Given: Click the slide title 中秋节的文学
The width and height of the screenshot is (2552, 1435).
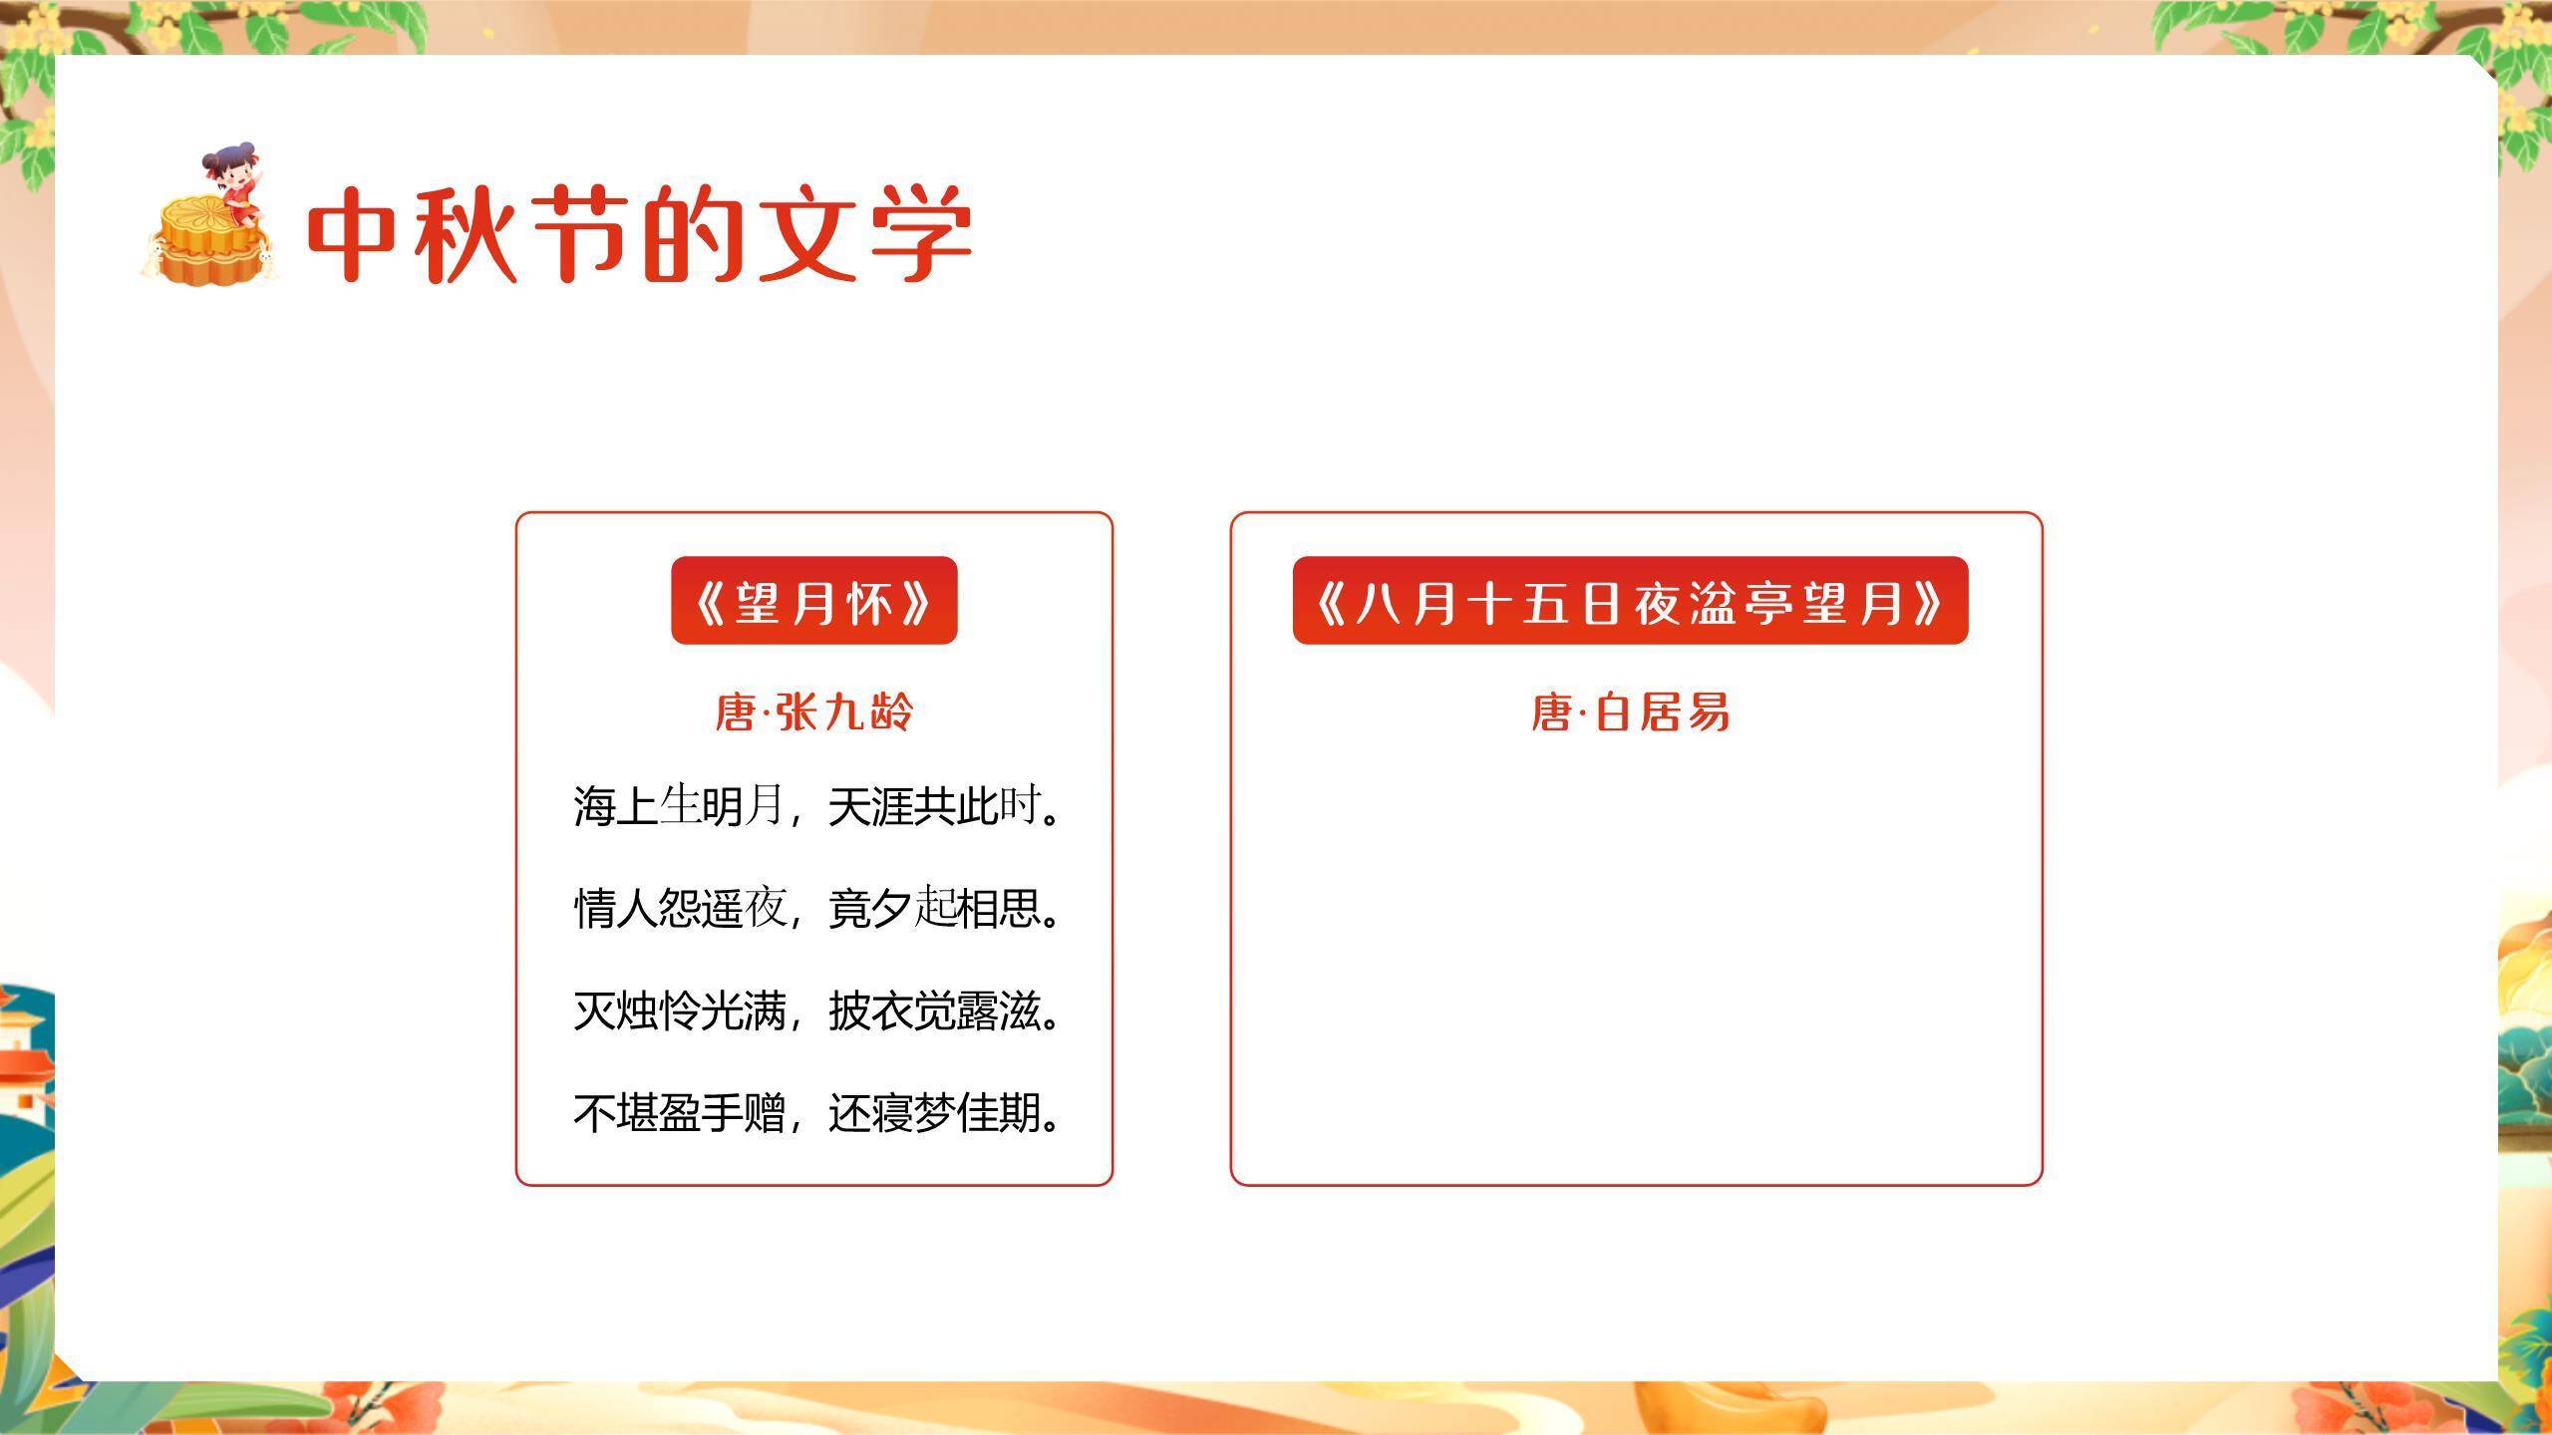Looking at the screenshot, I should [638, 234].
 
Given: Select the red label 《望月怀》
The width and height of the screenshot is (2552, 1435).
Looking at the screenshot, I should [813, 601].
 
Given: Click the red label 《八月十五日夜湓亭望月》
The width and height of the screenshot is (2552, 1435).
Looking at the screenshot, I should [1630, 601].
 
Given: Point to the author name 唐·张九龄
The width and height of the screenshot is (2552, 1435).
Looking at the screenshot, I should [813, 713].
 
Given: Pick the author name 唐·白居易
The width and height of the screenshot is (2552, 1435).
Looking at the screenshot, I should [1630, 713].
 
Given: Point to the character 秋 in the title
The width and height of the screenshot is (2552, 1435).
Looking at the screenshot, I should [465, 234].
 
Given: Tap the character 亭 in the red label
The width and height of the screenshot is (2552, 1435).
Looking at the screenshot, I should [1768, 602].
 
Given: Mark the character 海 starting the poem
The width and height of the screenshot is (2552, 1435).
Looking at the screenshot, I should [594, 805].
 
